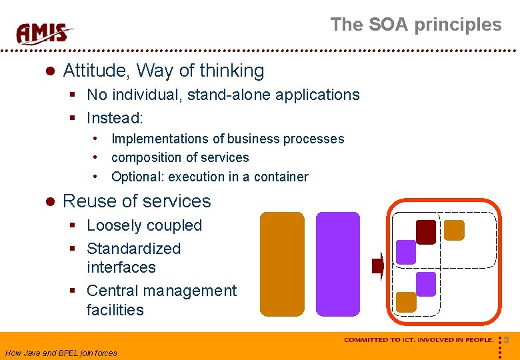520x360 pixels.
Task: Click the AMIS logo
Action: tap(45, 33)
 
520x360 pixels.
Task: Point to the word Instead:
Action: tap(115, 118)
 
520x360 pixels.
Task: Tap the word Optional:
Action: tap(137, 177)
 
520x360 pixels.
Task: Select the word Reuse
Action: tap(87, 201)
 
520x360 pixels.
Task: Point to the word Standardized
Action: tap(133, 249)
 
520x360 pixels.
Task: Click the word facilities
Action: tap(115, 310)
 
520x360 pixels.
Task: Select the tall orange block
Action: tap(281, 264)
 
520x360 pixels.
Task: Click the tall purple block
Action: tap(337, 264)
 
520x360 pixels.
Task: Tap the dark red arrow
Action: tap(377, 267)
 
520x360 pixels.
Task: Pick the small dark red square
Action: tap(426, 231)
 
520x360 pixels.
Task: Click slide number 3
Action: tap(507, 341)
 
